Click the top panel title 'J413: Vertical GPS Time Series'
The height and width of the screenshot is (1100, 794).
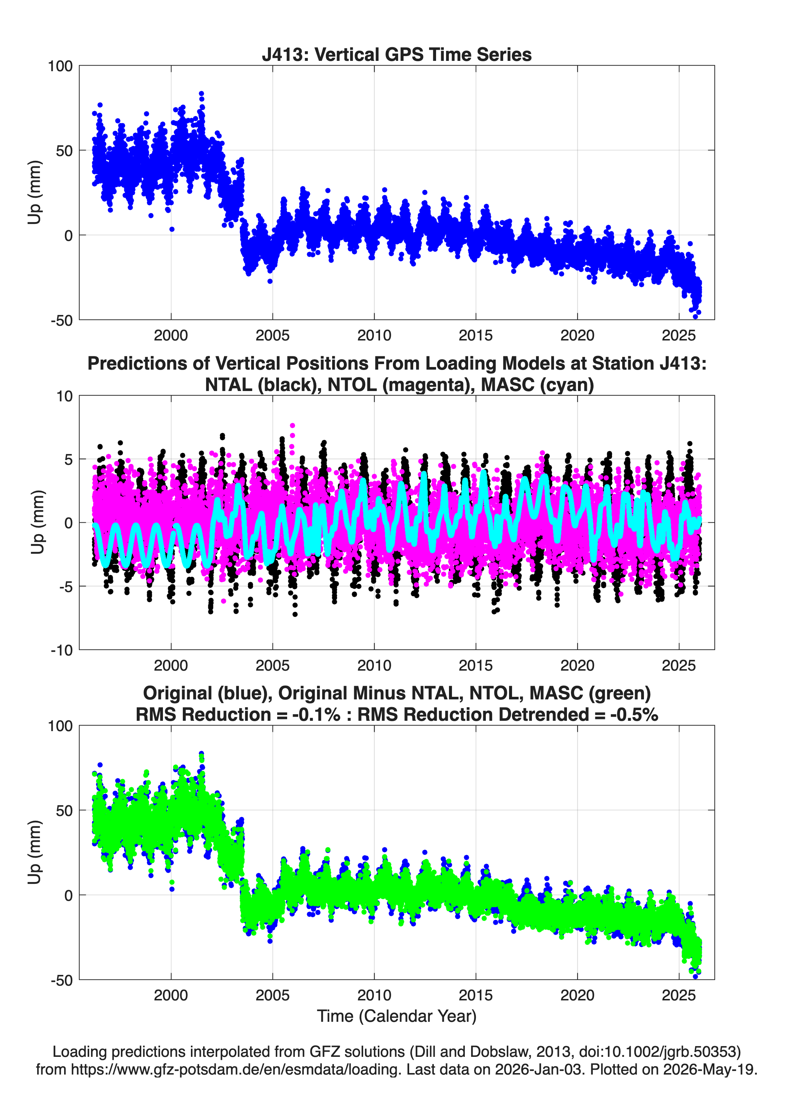coord(397,54)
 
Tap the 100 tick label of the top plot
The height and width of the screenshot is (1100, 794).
coord(60,66)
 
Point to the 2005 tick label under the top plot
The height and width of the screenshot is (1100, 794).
coord(272,335)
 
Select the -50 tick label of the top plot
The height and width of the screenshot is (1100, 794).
coord(62,320)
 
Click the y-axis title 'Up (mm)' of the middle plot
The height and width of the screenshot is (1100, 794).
coord(37,522)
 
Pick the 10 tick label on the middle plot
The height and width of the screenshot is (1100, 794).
coord(65,396)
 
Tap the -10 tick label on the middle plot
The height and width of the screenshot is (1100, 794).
coord(62,650)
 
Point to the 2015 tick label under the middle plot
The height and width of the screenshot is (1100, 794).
coord(476,665)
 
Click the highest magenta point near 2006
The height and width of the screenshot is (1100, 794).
coord(292,426)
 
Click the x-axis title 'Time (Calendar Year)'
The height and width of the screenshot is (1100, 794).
coord(397,1016)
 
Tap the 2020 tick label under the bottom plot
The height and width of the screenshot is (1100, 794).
coord(577,995)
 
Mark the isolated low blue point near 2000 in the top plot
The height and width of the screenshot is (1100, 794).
coord(172,229)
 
